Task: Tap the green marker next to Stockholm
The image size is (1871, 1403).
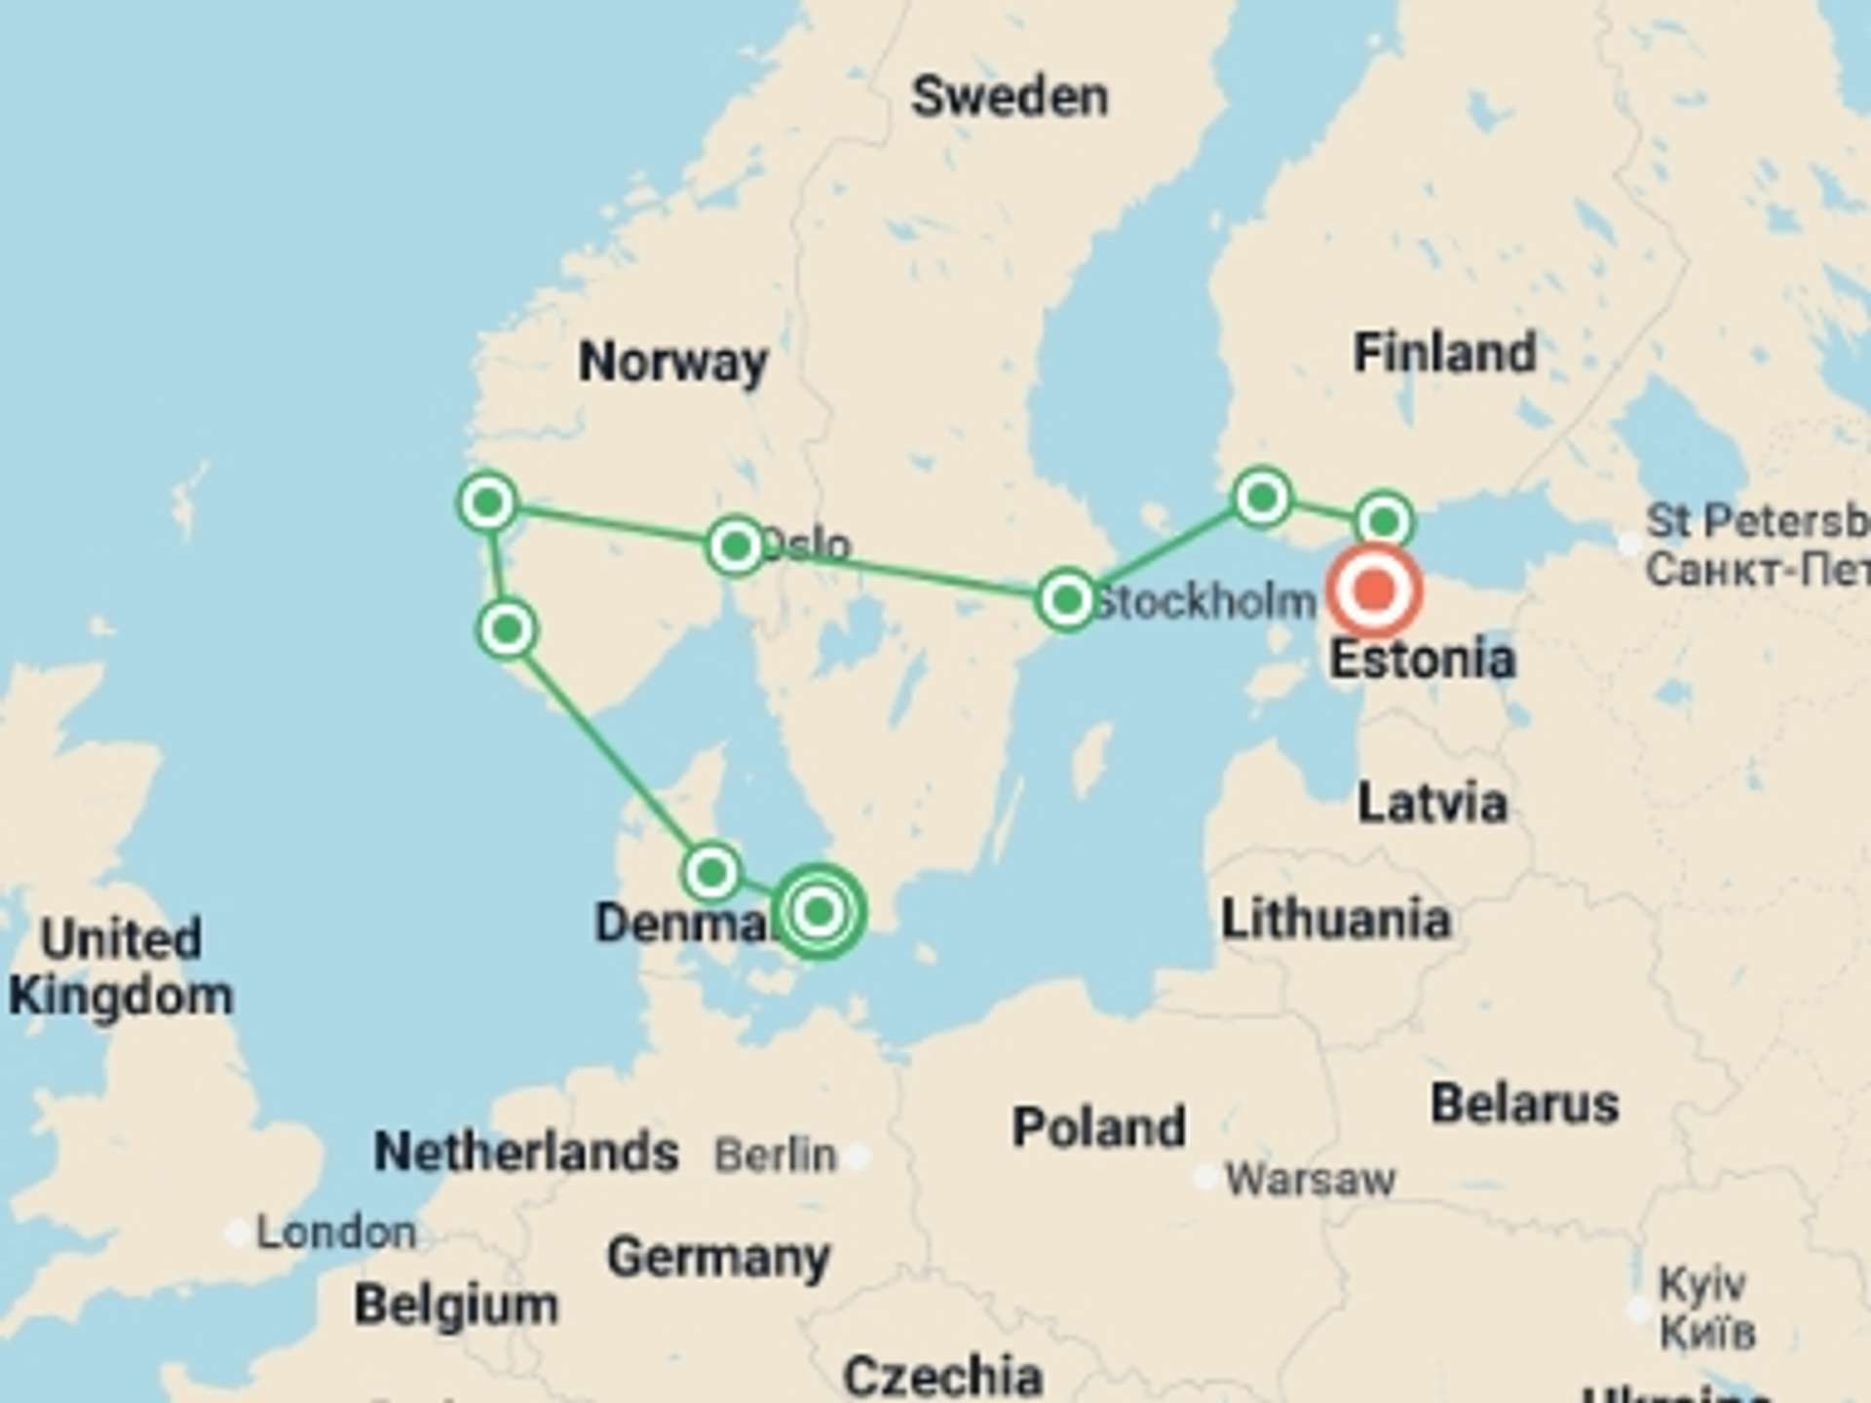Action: (1067, 599)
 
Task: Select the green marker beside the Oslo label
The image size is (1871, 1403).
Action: (736, 546)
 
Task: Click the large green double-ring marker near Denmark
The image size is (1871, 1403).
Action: (819, 912)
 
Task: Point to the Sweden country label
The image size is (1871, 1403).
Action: (1010, 97)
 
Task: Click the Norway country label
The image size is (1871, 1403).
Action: (672, 362)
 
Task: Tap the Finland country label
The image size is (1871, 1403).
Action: (1444, 353)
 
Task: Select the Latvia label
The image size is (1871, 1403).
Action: (1432, 804)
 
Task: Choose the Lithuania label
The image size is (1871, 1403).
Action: (1336, 920)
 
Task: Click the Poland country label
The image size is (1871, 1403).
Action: (1099, 1127)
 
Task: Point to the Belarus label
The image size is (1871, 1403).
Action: (1524, 1105)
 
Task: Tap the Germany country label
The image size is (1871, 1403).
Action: (718, 1258)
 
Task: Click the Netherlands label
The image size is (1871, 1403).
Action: (526, 1152)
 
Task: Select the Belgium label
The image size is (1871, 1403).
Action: (456, 1305)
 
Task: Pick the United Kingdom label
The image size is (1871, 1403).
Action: (121, 967)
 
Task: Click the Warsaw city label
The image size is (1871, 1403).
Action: (1310, 1180)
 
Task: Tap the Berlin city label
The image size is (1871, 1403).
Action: (776, 1156)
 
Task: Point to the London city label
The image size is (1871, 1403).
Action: (336, 1232)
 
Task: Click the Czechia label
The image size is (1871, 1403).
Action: (942, 1376)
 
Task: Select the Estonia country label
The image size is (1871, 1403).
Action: (1423, 660)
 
